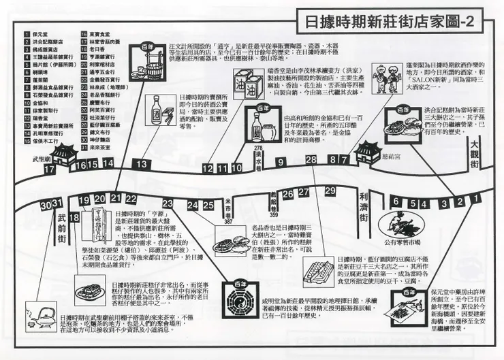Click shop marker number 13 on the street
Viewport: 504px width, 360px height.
coord(142,165)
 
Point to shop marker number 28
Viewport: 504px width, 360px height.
coord(311,160)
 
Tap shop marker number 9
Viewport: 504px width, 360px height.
coord(280,161)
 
